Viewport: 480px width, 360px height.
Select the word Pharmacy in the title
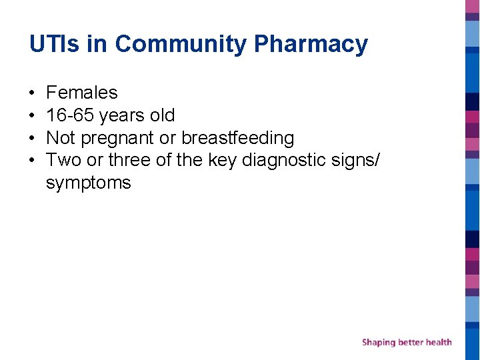[x=311, y=45]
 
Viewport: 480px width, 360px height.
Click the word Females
[x=82, y=93]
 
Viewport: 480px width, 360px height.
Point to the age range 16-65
[x=70, y=115]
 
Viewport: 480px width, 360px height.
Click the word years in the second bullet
[x=122, y=116]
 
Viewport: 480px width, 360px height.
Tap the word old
[x=162, y=115]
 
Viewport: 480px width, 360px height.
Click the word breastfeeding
[x=238, y=138]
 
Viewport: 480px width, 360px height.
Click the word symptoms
[x=89, y=183]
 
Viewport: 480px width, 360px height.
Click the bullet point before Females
[x=32, y=93]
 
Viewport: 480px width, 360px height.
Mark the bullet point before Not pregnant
[x=32, y=138]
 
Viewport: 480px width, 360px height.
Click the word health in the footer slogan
[x=437, y=342]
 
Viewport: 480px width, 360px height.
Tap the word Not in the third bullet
[x=61, y=138]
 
